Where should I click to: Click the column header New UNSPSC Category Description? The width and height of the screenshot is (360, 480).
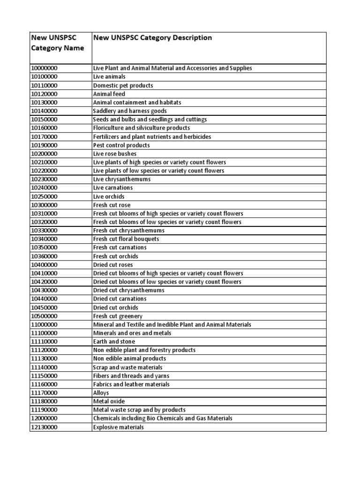pyautogui.click(x=152, y=37)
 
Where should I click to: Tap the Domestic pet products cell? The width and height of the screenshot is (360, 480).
pyautogui.click(x=123, y=85)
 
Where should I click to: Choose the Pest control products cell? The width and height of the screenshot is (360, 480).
pyautogui.click(x=121, y=145)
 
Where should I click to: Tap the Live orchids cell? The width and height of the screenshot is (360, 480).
pyautogui.click(x=109, y=196)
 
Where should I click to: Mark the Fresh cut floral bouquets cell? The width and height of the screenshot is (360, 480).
pyautogui.click(x=126, y=239)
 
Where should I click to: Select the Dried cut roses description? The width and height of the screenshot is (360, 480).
pyautogui.click(x=113, y=265)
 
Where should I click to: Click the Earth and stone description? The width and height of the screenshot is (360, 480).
pyautogui.click(x=114, y=342)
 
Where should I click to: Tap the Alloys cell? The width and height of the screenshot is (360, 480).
pyautogui.click(x=101, y=393)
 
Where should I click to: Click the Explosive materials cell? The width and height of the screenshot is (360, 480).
pyautogui.click(x=119, y=427)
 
